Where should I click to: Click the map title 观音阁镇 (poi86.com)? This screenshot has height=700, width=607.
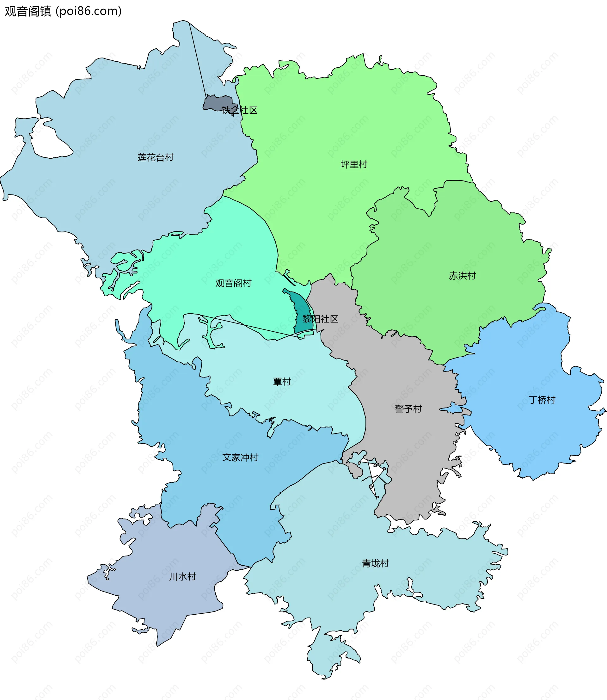63,11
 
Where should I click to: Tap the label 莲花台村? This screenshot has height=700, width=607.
156,157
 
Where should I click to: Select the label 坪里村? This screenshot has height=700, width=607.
354,165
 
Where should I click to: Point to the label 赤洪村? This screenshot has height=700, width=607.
462,276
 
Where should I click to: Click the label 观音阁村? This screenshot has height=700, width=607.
233,283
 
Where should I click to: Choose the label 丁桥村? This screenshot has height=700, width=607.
542,400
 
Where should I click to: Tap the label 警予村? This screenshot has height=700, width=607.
408,409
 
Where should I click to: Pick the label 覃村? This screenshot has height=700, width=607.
282,382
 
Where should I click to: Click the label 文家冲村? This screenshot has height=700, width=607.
240,457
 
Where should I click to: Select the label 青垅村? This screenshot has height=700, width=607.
375,563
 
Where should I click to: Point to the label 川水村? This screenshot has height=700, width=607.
183,577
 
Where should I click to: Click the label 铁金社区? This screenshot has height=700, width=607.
240,110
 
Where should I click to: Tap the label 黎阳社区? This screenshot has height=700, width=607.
320,319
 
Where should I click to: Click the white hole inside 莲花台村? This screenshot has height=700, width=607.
51,142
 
